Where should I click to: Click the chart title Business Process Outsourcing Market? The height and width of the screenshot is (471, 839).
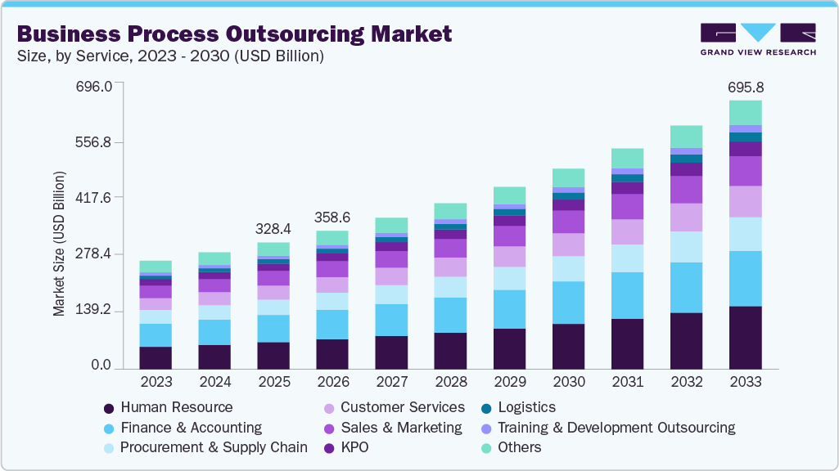pos(234,34)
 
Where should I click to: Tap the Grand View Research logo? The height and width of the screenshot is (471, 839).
pos(758,39)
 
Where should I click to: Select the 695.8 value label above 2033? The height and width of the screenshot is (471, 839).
pos(745,87)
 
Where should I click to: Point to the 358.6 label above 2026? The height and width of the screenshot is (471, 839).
pos(332,217)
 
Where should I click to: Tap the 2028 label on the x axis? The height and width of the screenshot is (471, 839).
pos(450,382)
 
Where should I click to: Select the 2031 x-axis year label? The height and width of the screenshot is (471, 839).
pos(627,382)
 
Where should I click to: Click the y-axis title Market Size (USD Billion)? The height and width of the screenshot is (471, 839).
pos(59,244)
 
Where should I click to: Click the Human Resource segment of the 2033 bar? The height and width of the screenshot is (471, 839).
pos(745,337)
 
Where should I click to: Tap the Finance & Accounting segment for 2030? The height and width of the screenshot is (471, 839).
pos(568,303)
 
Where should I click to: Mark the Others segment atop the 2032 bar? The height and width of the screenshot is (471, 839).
pos(686,137)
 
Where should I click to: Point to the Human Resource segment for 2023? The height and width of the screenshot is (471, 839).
pos(156,357)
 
